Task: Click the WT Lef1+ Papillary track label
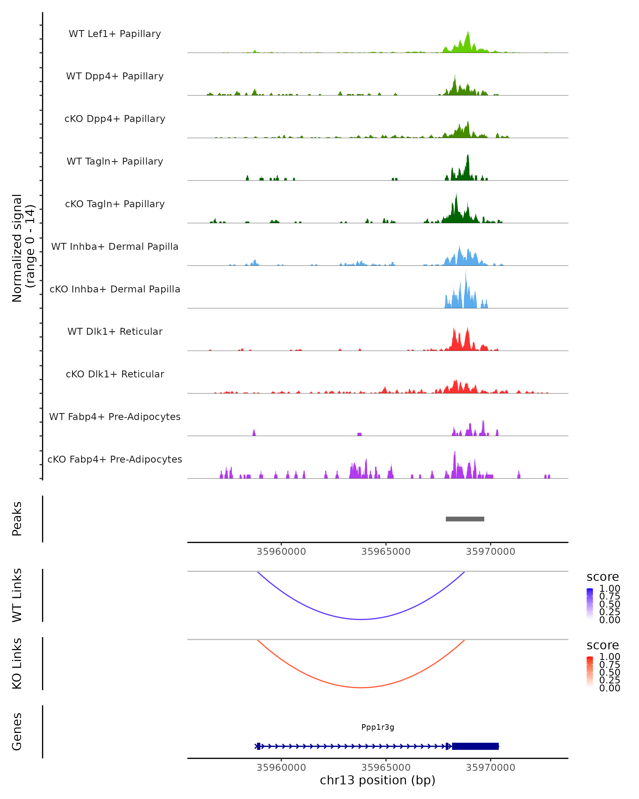point(115,34)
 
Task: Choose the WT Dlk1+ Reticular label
point(115,331)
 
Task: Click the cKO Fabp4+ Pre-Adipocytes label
point(115,459)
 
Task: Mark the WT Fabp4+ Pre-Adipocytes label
point(115,417)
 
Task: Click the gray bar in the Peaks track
point(465,519)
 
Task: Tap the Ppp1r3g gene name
point(378,727)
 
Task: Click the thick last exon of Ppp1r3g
point(475,746)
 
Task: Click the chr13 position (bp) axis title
point(378,780)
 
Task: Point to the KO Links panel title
point(17,663)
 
